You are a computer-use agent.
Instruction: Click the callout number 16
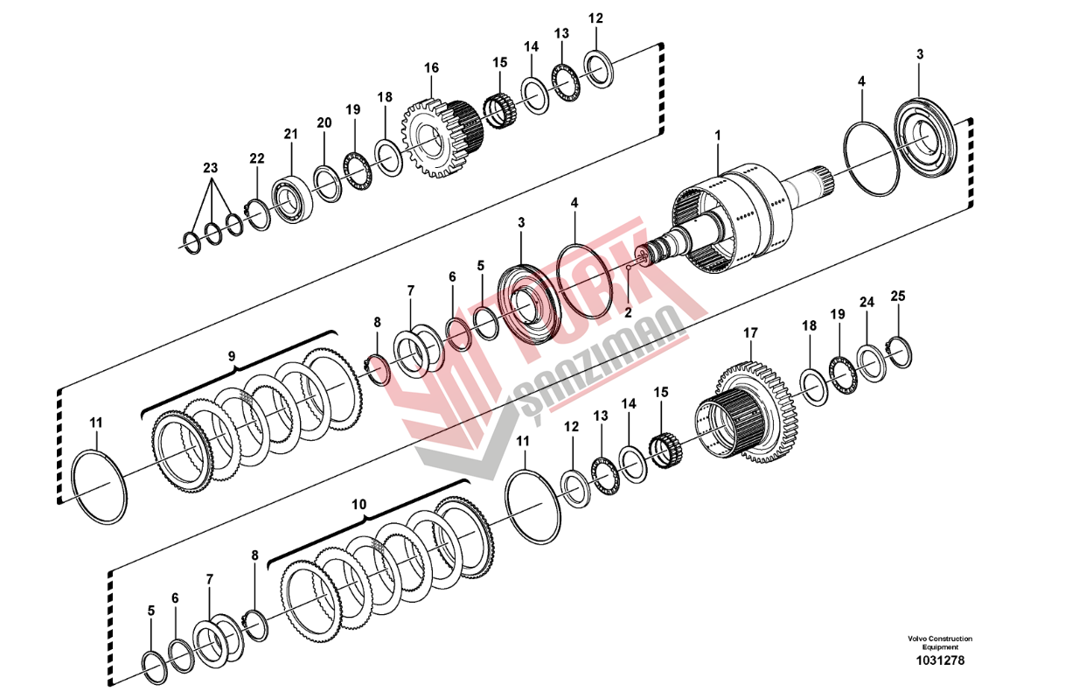pos(431,68)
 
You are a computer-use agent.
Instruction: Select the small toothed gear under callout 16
pos(442,137)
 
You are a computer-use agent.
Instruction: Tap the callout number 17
pos(750,333)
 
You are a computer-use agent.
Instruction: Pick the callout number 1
pos(718,136)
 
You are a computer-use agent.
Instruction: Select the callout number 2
pos(628,313)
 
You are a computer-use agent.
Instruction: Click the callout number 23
pos(210,168)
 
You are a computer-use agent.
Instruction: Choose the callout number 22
pos(257,158)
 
